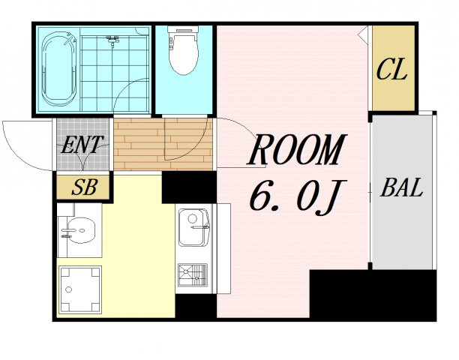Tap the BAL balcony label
click(402, 187)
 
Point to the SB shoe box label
click(84, 187)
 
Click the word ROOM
click(296, 151)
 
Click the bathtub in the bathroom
click(59, 69)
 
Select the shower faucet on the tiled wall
click(112, 41)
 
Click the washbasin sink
click(80, 230)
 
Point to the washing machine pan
click(79, 289)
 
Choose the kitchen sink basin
click(193, 227)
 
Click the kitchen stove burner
click(193, 275)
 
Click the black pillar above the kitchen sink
click(189, 187)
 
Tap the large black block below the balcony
click(373, 295)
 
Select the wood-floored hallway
click(163, 144)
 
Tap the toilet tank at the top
click(183, 29)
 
